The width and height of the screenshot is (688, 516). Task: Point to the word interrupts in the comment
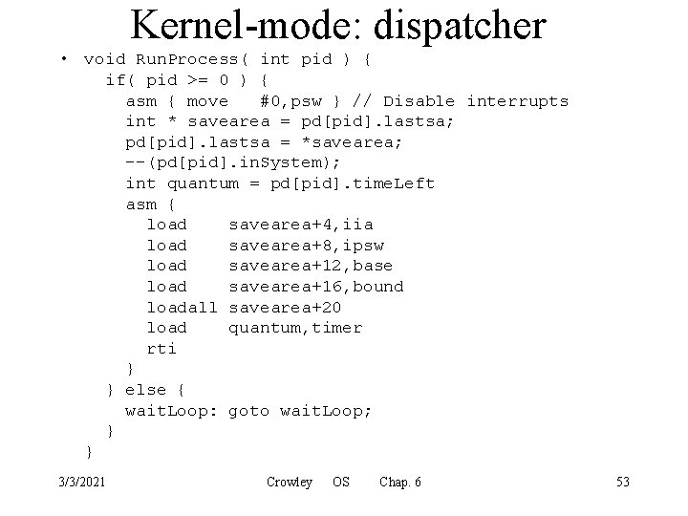[517, 101]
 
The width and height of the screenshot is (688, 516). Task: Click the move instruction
[208, 101]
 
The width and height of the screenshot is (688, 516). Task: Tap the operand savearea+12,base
[311, 266]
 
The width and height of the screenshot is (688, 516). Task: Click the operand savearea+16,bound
[316, 287]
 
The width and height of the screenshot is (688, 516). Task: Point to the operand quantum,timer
[295, 328]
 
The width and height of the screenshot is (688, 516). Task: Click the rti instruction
[161, 349]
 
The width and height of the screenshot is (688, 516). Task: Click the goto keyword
[249, 411]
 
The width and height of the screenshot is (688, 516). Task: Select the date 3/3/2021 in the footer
[82, 482]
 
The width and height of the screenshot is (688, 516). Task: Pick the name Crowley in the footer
[290, 482]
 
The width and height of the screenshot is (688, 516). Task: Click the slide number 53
[622, 482]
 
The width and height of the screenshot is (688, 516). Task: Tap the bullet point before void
[63, 59]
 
